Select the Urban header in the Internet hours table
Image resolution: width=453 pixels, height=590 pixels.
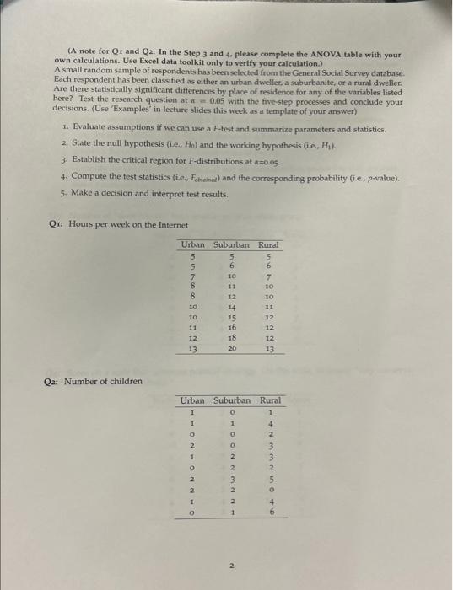click(193, 244)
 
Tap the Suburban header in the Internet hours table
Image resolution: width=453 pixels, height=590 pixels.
click(231, 244)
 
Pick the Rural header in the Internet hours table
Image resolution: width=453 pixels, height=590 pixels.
click(268, 244)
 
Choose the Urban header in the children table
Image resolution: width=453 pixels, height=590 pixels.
click(193, 401)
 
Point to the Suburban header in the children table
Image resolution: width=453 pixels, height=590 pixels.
click(232, 401)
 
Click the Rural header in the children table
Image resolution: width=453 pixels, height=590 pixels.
click(270, 401)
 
